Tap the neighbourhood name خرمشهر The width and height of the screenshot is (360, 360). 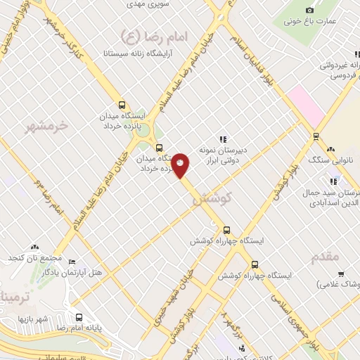pos(48,125)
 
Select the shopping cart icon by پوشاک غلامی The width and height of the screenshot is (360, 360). pos(340,274)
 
